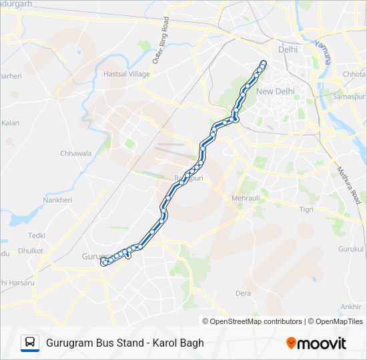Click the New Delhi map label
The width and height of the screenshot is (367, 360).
click(x=276, y=91)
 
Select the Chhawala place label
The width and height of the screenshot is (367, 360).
click(x=75, y=153)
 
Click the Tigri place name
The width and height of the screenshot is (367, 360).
click(x=306, y=209)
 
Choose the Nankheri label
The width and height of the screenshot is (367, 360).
click(x=57, y=199)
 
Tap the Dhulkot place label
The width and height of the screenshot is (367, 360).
click(x=31, y=251)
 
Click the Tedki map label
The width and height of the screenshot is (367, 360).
click(x=37, y=235)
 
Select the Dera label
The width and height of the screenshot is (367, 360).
click(x=243, y=293)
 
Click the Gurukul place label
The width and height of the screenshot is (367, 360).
click(x=352, y=249)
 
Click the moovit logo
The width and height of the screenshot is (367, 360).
click(x=316, y=343)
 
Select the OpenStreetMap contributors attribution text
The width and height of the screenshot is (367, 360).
click(x=256, y=321)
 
